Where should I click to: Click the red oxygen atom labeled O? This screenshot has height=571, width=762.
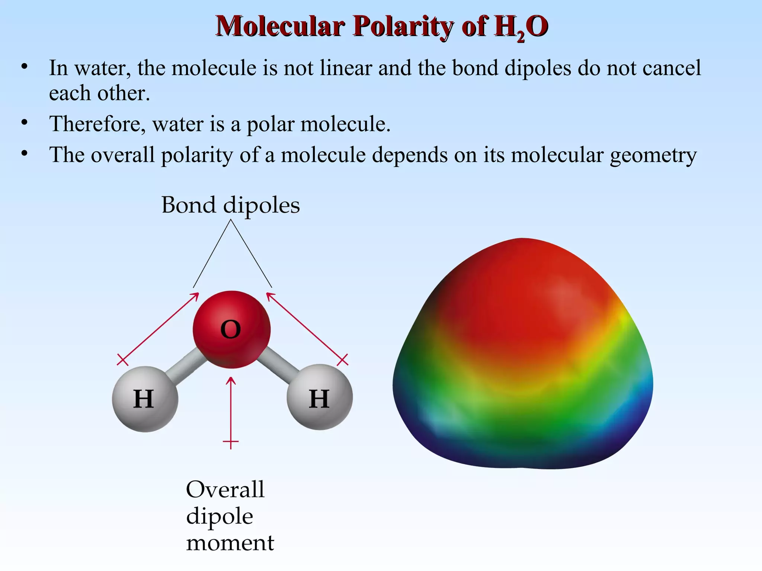231,329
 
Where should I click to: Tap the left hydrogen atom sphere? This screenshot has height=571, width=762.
145,399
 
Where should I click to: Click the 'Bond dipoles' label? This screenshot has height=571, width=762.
230,205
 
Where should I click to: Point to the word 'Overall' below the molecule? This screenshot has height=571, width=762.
225,490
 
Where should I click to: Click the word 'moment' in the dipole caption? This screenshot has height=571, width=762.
230,543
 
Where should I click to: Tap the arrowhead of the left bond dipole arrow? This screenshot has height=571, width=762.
196,295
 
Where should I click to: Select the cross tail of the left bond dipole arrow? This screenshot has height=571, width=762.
122,359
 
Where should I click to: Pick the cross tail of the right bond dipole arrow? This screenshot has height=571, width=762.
342,359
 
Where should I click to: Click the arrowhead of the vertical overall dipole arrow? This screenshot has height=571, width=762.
231,380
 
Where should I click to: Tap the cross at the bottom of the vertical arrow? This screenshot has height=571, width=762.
231,442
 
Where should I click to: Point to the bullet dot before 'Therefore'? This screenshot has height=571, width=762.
25,122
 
